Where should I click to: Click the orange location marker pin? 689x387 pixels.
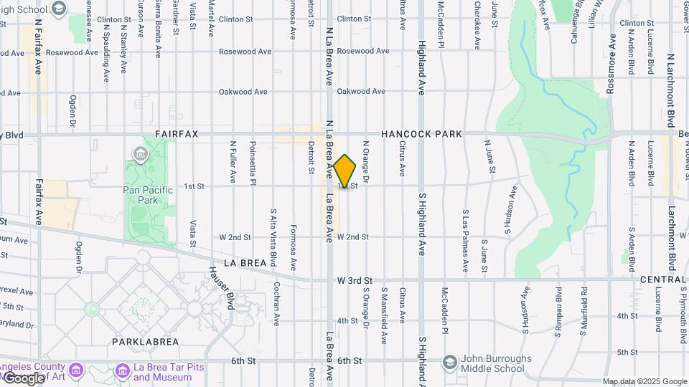(345, 171)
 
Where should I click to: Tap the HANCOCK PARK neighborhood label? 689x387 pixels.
(421, 134)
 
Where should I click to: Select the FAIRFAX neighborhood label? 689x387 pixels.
(177, 134)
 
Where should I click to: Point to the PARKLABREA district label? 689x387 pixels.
(140, 342)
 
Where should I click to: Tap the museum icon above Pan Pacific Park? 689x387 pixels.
(140, 153)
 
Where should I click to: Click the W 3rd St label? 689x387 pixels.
(355, 280)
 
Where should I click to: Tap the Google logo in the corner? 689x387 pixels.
(24, 378)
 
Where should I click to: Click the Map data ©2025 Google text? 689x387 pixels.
(644, 381)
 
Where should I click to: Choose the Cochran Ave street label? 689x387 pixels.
(276, 302)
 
